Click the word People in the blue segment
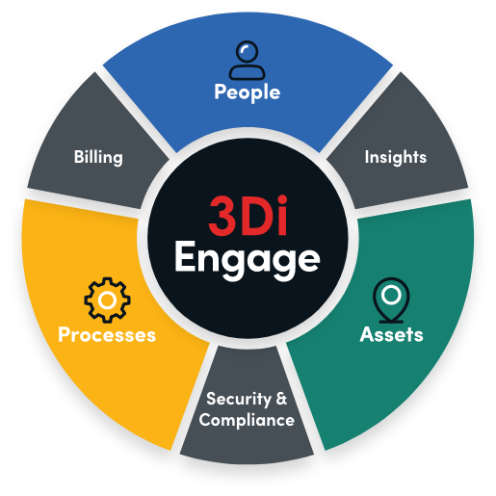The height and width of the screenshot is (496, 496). [x=248, y=92]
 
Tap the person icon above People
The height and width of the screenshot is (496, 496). [x=247, y=60]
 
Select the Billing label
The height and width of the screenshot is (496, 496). [x=98, y=157]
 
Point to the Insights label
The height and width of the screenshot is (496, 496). [x=396, y=157]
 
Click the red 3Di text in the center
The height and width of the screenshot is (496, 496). [x=248, y=216]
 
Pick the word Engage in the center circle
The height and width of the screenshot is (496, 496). [x=248, y=261]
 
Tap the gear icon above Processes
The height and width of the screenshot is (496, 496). [x=107, y=300]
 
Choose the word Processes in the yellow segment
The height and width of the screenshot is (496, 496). [x=107, y=334]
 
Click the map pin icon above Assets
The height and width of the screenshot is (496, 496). [x=391, y=300]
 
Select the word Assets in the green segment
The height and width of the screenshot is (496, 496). [x=391, y=334]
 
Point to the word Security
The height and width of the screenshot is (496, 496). [x=239, y=399]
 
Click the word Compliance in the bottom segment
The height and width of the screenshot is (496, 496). [x=247, y=420]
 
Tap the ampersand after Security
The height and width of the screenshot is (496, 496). [x=281, y=399]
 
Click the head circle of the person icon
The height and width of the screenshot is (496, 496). [x=247, y=52]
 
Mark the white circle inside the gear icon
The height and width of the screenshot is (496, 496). [x=107, y=300]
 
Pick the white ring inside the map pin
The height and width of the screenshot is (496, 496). [x=391, y=295]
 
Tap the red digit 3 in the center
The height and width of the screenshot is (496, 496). [x=222, y=217]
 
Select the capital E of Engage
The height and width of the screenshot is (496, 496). [x=184, y=256]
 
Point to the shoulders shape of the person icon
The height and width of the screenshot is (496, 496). [x=247, y=72]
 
